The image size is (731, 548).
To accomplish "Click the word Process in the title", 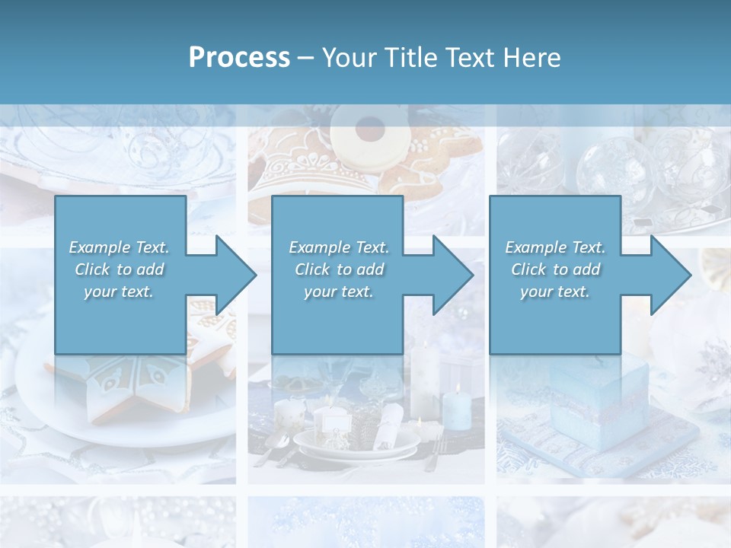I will (239, 58).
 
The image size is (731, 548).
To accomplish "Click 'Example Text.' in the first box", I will (119, 247).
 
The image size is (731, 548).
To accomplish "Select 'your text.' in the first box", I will (119, 292).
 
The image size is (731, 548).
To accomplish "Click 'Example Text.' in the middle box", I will (339, 247).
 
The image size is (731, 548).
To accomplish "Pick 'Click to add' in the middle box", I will (339, 269).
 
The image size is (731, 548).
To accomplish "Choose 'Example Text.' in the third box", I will (555, 247).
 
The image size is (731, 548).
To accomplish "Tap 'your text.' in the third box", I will (555, 292).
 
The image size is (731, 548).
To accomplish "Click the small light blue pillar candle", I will (457, 407).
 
